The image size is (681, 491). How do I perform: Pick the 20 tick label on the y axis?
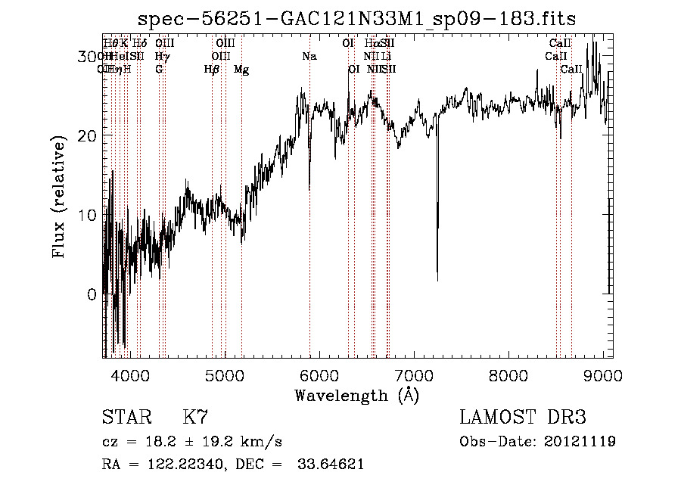pos(89,135)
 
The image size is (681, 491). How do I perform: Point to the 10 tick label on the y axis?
pos(89,215)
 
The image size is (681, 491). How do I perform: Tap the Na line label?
pos(309,56)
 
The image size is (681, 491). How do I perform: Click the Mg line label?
pos(241,70)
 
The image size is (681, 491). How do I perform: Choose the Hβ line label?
pos(212,70)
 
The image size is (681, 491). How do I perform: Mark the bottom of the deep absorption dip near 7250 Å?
pos(437,280)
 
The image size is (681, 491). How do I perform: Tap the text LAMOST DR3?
pos(522,418)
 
